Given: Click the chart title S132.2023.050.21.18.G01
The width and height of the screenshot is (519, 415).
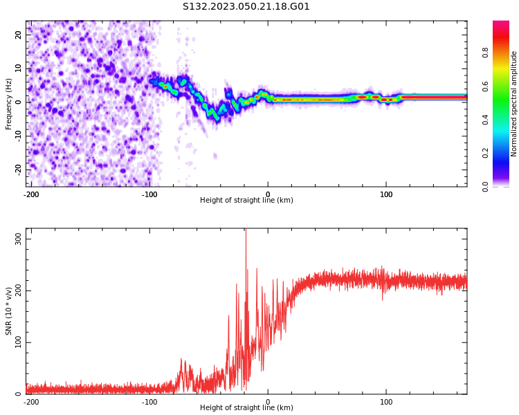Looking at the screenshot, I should [x=246, y=7].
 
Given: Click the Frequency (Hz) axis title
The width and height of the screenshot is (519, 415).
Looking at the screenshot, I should [x=9, y=104].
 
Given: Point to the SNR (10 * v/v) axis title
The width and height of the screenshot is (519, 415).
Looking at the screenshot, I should [x=9, y=311].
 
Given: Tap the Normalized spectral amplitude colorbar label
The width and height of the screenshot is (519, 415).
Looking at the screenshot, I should [x=514, y=104].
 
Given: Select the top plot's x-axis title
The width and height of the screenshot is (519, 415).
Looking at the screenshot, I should [x=246, y=201].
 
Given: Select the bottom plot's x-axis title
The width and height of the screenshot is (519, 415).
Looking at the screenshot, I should [x=246, y=408].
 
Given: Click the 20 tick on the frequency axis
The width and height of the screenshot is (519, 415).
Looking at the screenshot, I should [x=19, y=35].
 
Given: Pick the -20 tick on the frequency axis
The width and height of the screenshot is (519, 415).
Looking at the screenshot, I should [x=17, y=169].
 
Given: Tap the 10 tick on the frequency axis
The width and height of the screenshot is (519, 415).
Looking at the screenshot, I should [x=19, y=68].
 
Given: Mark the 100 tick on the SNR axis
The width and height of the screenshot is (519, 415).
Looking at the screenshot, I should [x=16, y=342].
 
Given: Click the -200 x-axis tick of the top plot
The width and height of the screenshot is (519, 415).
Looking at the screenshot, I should [x=31, y=194].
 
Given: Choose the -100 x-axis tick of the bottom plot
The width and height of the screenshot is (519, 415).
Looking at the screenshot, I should [x=149, y=401].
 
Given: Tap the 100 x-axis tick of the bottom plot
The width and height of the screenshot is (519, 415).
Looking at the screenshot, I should [x=386, y=401].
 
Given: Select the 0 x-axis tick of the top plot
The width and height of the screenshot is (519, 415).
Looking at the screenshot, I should [x=268, y=194].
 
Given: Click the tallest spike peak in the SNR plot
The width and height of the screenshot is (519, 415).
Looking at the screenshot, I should [x=246, y=231].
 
